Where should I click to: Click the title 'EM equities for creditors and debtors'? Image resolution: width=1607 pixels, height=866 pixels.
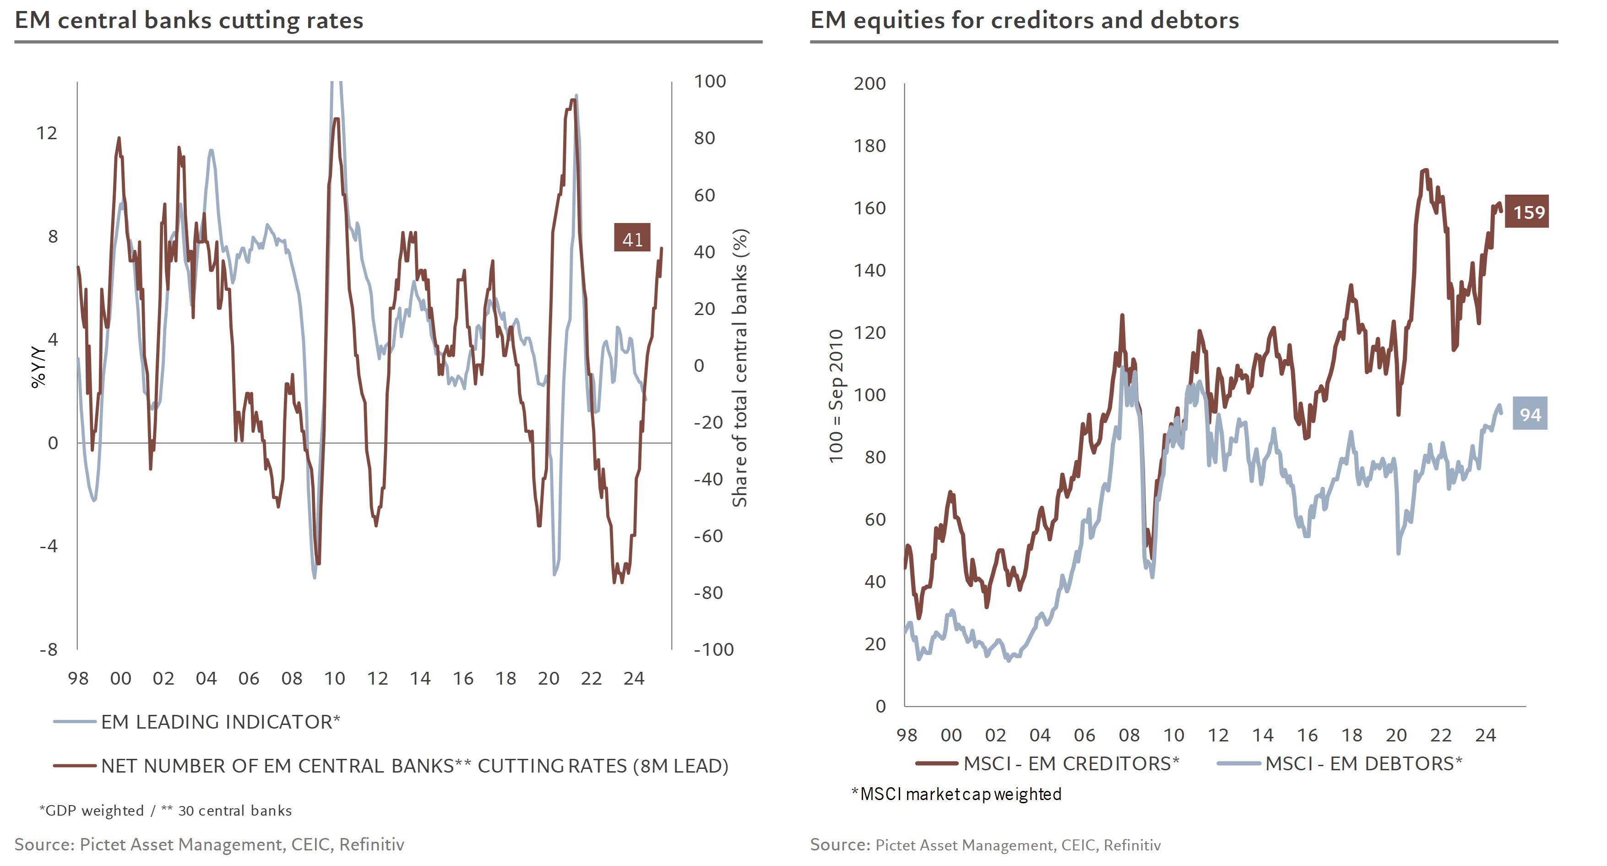[x=1024, y=21]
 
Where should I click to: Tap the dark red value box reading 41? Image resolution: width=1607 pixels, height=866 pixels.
[x=632, y=238]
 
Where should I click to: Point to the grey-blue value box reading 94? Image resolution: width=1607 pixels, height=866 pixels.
[x=1530, y=414]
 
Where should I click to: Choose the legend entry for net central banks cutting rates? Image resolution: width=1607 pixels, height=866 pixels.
[x=414, y=766]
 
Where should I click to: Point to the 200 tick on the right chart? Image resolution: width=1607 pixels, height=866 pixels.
[x=869, y=84]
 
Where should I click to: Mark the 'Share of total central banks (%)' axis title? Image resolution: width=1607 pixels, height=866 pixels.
[x=740, y=368]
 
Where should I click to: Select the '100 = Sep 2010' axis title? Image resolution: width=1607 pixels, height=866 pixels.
[x=836, y=396]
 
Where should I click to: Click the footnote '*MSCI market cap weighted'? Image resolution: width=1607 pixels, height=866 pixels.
[x=956, y=794]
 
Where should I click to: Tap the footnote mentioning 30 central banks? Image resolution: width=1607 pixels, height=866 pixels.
[x=166, y=811]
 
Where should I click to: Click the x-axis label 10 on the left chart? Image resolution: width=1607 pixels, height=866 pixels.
[x=334, y=679]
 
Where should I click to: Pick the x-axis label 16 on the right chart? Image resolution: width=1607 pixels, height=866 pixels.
[x=1307, y=735]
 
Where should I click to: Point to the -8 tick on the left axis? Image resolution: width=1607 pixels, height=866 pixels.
[x=49, y=649]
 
